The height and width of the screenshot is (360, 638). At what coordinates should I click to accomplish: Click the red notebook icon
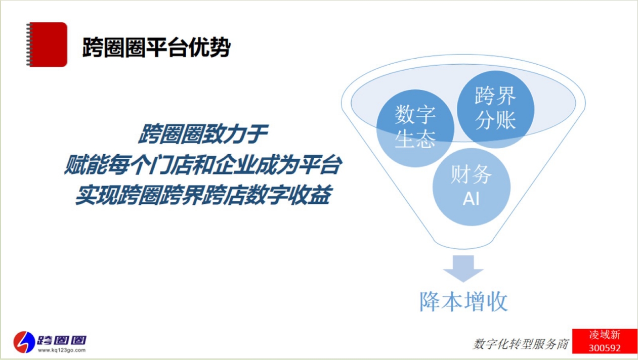[x=47, y=44]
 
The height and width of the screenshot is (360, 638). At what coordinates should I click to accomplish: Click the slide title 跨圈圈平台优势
[x=156, y=47]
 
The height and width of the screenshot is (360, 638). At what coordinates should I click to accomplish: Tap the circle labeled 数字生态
[x=415, y=128]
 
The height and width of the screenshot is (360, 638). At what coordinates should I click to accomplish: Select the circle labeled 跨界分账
[x=496, y=109]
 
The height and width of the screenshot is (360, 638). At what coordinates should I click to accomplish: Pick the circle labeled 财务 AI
[x=472, y=187]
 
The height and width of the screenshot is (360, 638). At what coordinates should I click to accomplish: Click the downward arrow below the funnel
[x=463, y=268]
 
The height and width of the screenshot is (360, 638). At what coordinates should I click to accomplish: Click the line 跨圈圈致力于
[x=203, y=133]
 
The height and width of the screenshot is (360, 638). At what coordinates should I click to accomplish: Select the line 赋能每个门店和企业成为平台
[x=203, y=165]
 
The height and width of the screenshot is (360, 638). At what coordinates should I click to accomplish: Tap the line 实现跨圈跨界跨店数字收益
[x=203, y=195]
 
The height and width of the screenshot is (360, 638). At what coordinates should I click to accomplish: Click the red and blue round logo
[x=24, y=342]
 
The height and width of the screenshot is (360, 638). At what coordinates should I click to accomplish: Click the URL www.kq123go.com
[x=62, y=350]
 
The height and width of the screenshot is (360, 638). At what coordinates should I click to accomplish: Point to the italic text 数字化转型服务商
[x=521, y=344]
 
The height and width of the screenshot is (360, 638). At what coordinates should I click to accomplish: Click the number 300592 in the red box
[x=605, y=348]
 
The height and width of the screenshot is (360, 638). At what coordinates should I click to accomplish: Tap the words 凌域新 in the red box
[x=605, y=335]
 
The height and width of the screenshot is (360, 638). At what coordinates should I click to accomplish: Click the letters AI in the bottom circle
[x=471, y=198]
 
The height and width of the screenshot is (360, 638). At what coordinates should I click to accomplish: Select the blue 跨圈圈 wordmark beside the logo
[x=62, y=340]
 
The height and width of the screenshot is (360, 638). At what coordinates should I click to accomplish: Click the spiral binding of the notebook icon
[x=28, y=44]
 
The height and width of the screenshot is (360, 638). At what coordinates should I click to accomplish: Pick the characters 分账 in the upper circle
[x=496, y=120]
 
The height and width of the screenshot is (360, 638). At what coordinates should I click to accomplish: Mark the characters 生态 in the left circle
[x=415, y=140]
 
